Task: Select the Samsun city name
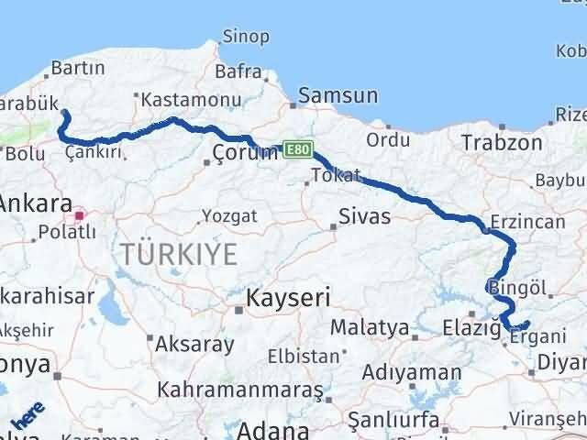(x=338, y=95)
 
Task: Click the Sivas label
(x=364, y=217)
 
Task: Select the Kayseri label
(x=288, y=298)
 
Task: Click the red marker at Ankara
(x=80, y=216)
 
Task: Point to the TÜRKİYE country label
(x=175, y=255)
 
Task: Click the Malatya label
(x=370, y=327)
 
